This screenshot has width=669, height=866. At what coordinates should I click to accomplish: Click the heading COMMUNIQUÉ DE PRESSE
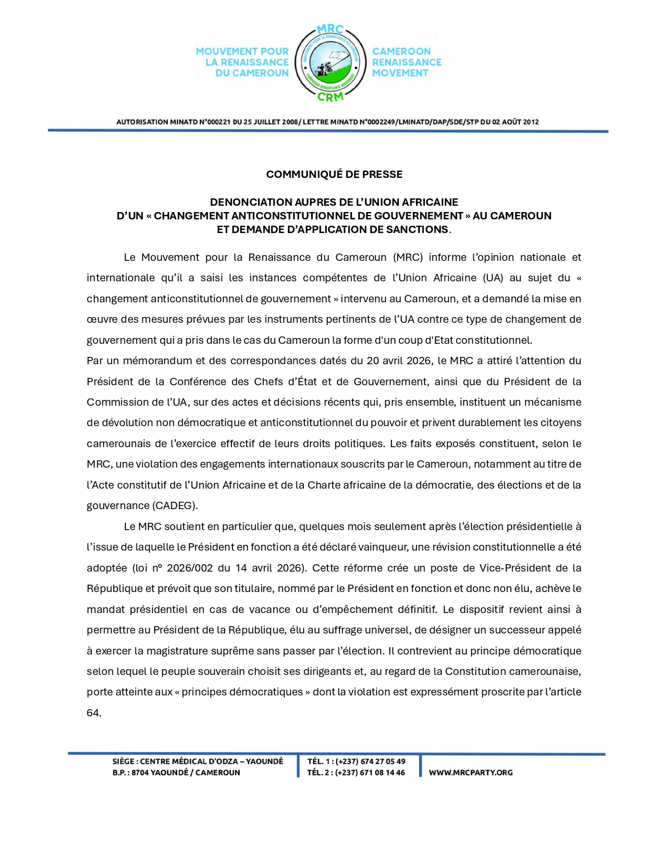coord(334,174)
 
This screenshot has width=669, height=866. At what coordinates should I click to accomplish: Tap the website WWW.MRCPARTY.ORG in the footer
coord(471,773)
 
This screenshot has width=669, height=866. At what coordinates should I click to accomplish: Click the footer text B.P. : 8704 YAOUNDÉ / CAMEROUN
coord(176,773)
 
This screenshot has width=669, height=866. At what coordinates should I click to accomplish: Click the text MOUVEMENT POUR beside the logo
coord(242,51)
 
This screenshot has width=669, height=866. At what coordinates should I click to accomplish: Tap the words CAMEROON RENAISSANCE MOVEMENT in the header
coord(407,62)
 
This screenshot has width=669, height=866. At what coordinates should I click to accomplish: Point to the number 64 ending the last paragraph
coord(93,713)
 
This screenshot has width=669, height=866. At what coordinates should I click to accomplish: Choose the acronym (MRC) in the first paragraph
coord(406,257)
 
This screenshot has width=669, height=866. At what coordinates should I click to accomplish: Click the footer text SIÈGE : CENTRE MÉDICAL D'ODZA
coord(197,761)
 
